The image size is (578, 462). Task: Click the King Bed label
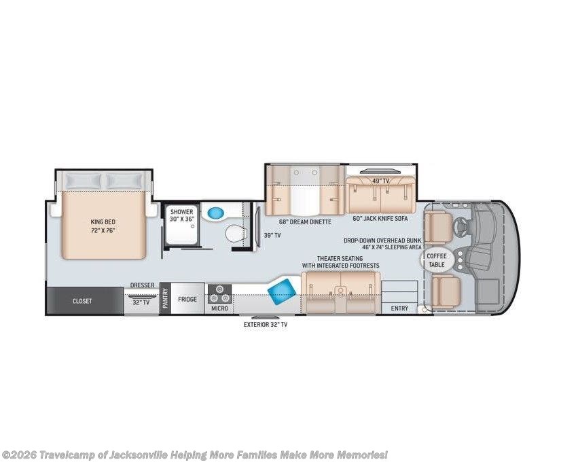(x=103, y=222)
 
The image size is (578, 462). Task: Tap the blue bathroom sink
(x=215, y=213)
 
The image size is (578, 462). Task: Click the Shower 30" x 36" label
(x=182, y=215)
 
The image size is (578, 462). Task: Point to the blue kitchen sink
(x=282, y=291)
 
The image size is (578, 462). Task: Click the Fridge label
(x=187, y=299)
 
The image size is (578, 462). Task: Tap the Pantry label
(x=165, y=298)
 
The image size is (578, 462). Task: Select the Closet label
(x=82, y=301)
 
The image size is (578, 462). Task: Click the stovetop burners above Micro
(x=219, y=294)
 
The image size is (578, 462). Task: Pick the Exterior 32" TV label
(x=266, y=325)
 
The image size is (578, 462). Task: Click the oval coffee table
(x=437, y=260)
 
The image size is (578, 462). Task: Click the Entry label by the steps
(x=399, y=308)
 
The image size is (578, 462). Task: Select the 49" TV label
(x=380, y=181)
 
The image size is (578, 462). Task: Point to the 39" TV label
(x=272, y=235)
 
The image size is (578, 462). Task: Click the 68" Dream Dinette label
(x=305, y=222)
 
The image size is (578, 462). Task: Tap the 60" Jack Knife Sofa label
(x=380, y=218)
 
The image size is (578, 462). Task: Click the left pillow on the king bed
(x=83, y=181)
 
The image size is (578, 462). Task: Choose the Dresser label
(x=142, y=285)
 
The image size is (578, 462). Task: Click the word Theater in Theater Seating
(x=329, y=258)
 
